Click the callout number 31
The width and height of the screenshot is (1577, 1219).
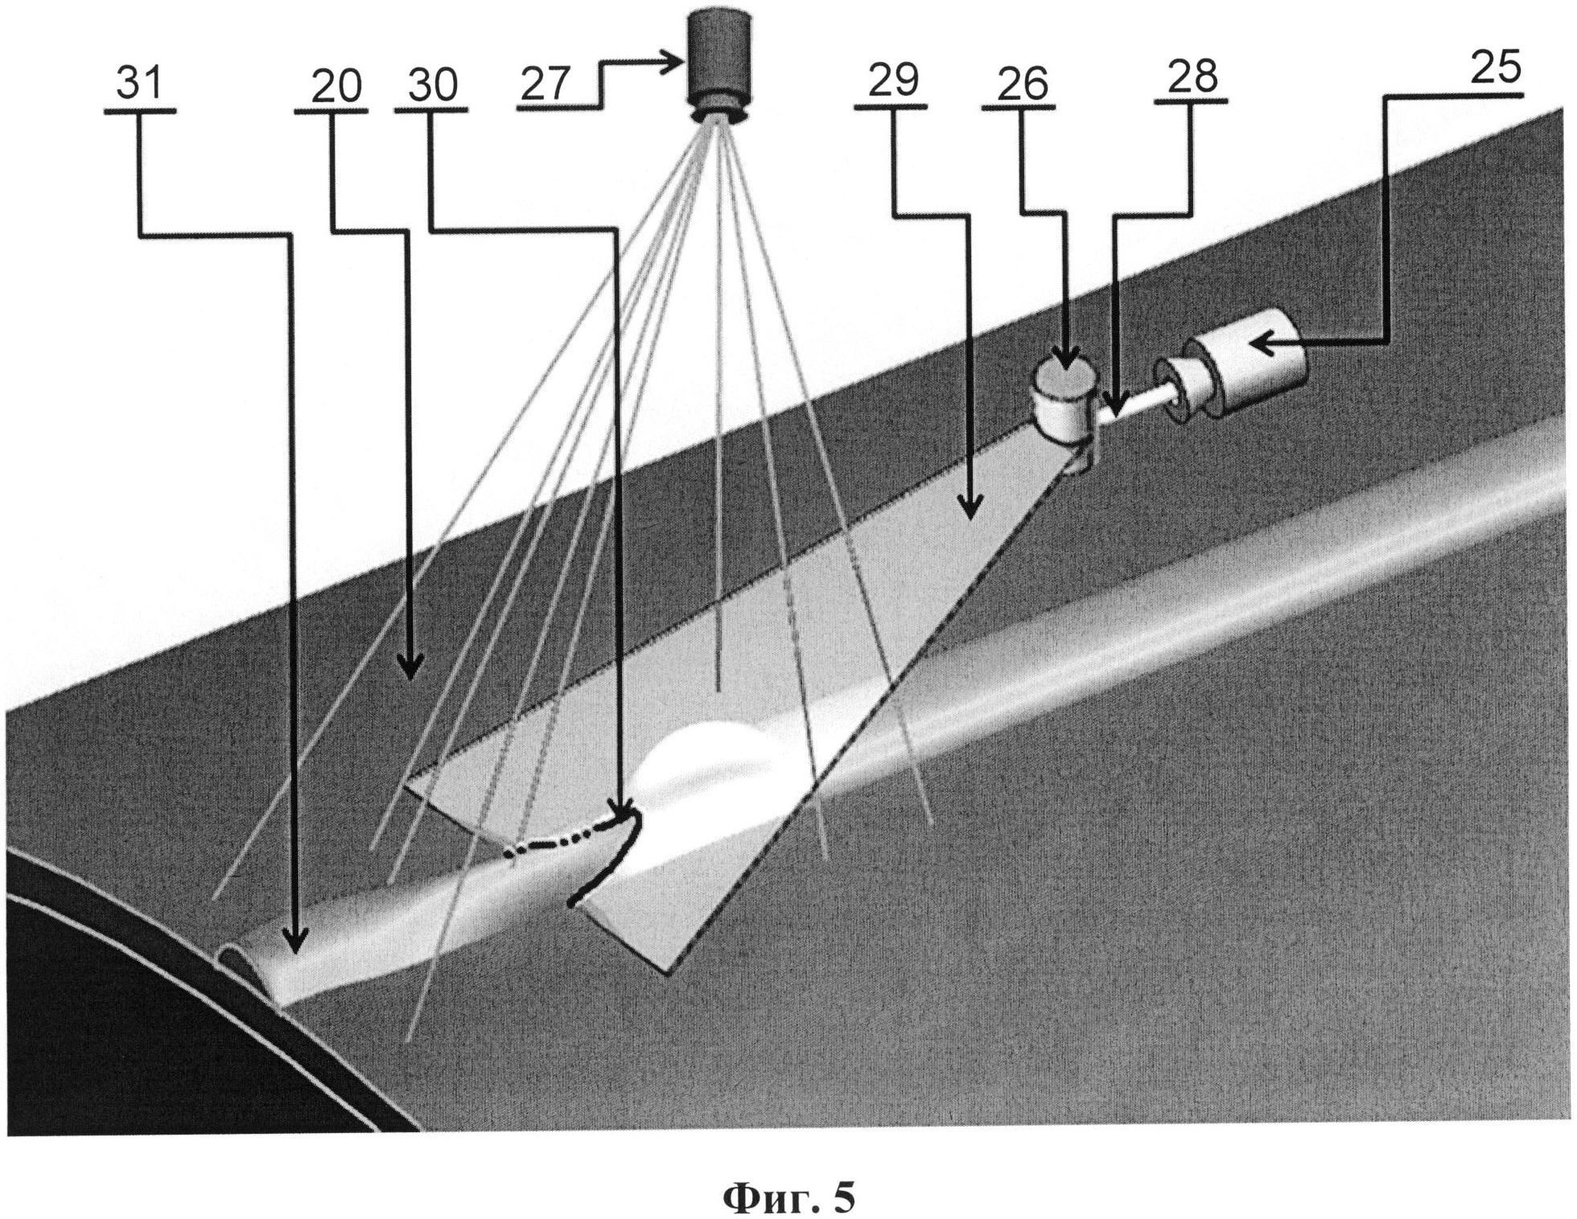point(139,84)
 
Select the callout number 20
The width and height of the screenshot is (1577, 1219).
point(336,85)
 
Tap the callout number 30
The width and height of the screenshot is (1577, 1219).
point(432,84)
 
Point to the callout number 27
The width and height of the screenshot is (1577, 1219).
point(545,83)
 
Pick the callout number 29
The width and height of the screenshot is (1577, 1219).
point(893,80)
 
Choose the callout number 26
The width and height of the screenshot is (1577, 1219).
point(1023,84)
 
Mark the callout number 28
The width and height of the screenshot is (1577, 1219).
point(1192,76)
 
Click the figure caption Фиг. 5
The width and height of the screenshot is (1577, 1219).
point(788,1180)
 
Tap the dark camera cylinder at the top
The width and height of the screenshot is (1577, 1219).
point(718,60)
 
